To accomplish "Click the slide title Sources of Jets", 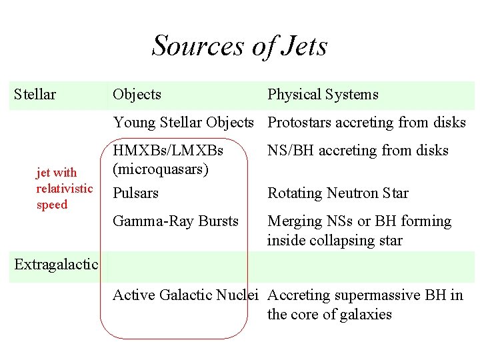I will click(x=239, y=46).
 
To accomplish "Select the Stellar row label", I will click(x=35, y=95).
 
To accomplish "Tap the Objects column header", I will click(x=137, y=95).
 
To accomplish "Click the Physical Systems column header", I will click(x=323, y=95).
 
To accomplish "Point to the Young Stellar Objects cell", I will click(x=183, y=123).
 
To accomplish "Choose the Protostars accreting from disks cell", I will click(x=366, y=123).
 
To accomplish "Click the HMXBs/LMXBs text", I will click(x=168, y=150).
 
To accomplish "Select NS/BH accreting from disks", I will click(x=357, y=151).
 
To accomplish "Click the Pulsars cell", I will click(x=135, y=193).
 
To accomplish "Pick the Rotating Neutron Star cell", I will click(x=337, y=193).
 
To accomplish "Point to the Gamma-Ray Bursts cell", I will click(x=175, y=221).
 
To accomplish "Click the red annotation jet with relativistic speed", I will click(x=64, y=189).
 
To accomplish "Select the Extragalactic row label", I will click(x=56, y=265).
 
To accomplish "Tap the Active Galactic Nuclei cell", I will click(x=185, y=295).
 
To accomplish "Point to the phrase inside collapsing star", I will click(x=335, y=240).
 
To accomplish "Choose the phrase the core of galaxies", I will click(x=329, y=315).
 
